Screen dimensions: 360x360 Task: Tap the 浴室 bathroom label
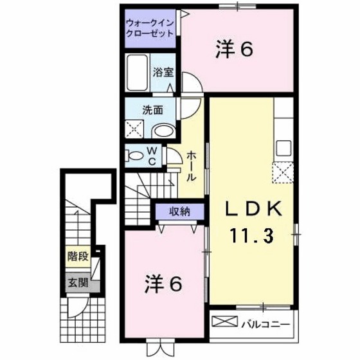click(x=163, y=73)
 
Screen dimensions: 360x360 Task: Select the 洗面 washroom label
click(x=152, y=110)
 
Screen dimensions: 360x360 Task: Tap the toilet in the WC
click(x=136, y=155)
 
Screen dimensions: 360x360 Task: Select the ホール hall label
click(x=192, y=165)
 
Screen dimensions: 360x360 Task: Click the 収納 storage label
click(x=179, y=212)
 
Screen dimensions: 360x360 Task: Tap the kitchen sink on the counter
click(x=283, y=149)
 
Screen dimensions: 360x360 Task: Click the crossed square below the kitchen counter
click(x=283, y=173)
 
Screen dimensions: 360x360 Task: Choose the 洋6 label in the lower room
click(x=165, y=282)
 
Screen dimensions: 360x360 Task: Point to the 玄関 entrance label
click(x=78, y=282)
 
